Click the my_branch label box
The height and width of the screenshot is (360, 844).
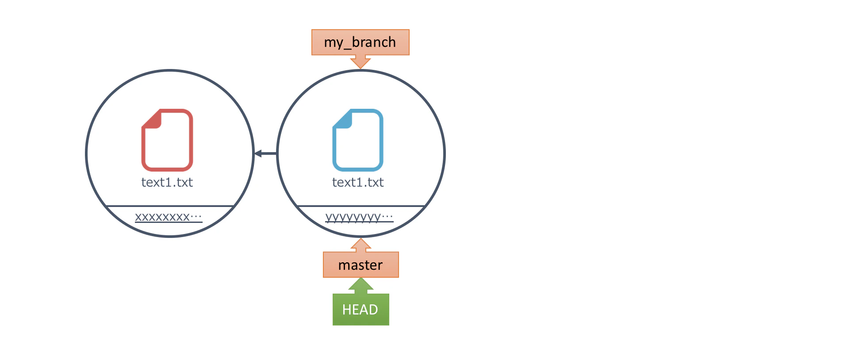tap(360, 42)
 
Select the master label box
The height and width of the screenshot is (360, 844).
tap(361, 264)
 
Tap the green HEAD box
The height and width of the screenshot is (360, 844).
tap(361, 310)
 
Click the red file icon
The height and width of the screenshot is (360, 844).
tap(167, 140)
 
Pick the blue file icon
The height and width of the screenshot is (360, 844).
tap(358, 140)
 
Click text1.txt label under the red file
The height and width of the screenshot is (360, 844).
tap(167, 182)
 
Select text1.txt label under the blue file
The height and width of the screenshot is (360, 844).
tap(358, 182)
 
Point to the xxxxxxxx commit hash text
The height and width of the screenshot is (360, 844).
tap(169, 217)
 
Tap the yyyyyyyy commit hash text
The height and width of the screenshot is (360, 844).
tap(359, 217)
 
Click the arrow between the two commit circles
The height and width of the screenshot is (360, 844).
tap(265, 153)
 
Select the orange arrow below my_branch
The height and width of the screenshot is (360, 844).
tap(361, 62)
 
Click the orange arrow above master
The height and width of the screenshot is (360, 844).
tap(361, 245)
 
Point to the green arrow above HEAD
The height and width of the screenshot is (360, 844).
tap(361, 286)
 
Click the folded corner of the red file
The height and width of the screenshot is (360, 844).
tap(151, 119)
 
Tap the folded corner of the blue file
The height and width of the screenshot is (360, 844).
tap(341, 119)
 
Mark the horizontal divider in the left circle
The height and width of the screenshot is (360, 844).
tap(170, 206)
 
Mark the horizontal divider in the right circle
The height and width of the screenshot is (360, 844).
tap(361, 206)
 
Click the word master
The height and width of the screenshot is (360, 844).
tap(361, 265)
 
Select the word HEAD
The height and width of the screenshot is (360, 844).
tap(360, 310)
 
